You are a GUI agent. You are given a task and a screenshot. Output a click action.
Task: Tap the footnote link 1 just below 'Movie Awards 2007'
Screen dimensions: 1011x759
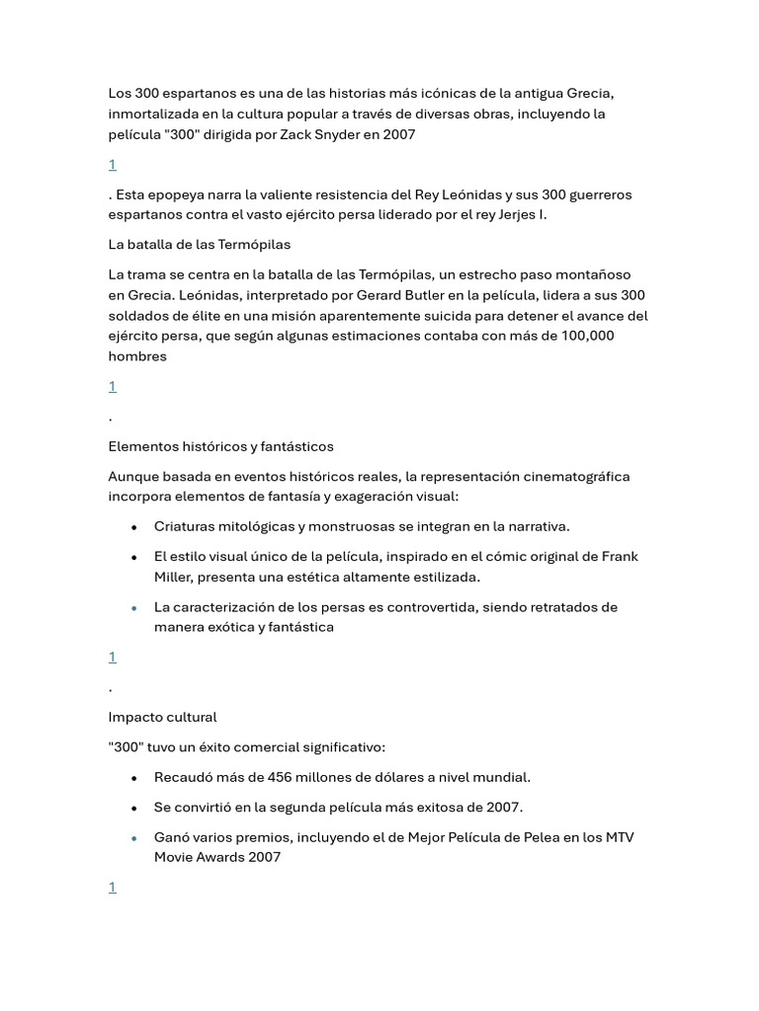(x=113, y=888)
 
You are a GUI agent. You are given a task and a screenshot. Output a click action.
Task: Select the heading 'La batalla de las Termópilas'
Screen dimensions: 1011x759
(x=199, y=244)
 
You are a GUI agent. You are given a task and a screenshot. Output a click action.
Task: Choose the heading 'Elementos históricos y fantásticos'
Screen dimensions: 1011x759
(x=220, y=446)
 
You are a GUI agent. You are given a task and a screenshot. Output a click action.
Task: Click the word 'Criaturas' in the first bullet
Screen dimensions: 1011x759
(x=186, y=526)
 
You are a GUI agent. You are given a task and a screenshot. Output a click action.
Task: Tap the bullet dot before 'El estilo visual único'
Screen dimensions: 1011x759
(x=133, y=558)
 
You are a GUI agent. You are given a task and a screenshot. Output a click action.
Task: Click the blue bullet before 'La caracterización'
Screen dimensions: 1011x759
(x=133, y=608)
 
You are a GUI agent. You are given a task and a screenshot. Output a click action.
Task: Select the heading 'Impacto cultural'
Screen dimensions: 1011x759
(x=162, y=717)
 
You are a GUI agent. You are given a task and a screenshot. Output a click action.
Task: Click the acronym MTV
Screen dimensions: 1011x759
(x=618, y=837)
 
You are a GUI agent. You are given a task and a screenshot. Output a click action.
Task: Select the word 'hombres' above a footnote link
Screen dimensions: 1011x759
(x=137, y=355)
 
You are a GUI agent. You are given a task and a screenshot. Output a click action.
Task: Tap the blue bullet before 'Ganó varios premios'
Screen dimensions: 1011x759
(x=133, y=838)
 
